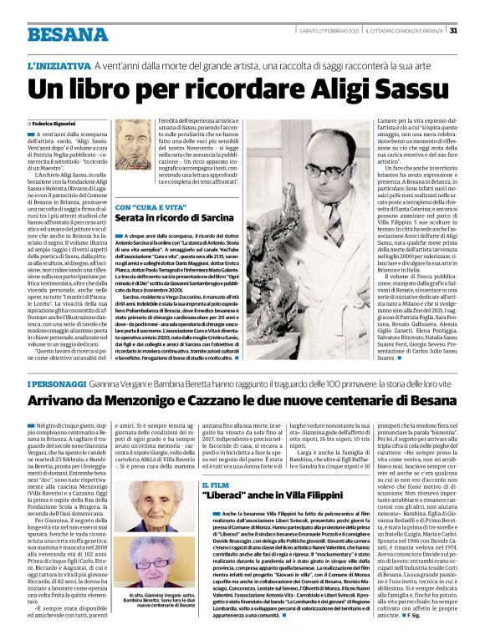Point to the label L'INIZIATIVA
(x=59, y=65)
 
